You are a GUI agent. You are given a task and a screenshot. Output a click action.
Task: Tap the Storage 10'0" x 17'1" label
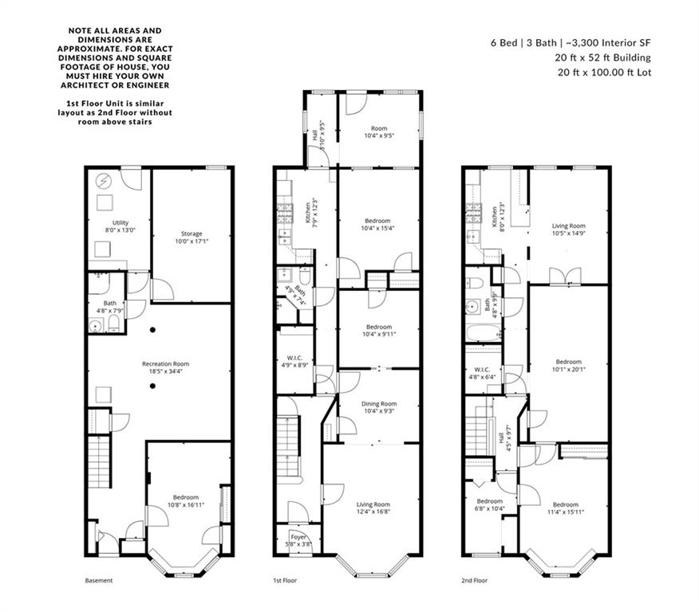[191, 237]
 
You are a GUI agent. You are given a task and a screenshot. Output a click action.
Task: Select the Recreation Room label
[160, 367]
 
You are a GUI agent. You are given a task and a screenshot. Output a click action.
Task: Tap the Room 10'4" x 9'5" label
[378, 131]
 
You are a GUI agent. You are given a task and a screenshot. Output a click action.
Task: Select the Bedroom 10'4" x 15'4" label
[377, 225]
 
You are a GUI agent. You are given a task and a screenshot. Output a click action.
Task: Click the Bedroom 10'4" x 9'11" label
[378, 330]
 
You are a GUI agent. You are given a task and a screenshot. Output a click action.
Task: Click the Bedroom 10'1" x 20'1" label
[568, 365]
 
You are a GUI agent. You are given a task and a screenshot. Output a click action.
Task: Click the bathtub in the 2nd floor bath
[483, 330]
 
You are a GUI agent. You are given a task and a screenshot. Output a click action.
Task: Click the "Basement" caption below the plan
[99, 581]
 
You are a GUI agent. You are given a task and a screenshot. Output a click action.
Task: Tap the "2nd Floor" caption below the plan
[475, 581]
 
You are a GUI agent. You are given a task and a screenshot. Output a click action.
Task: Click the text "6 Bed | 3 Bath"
[519, 43]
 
